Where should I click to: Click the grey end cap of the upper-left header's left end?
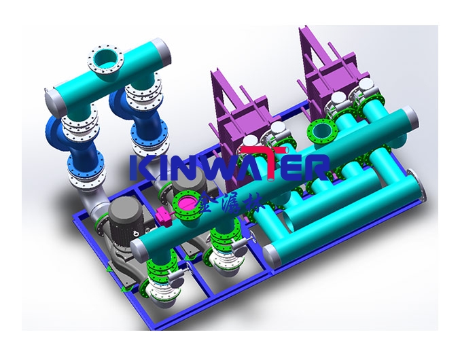[50, 103]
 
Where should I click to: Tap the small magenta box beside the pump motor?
[163, 217]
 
